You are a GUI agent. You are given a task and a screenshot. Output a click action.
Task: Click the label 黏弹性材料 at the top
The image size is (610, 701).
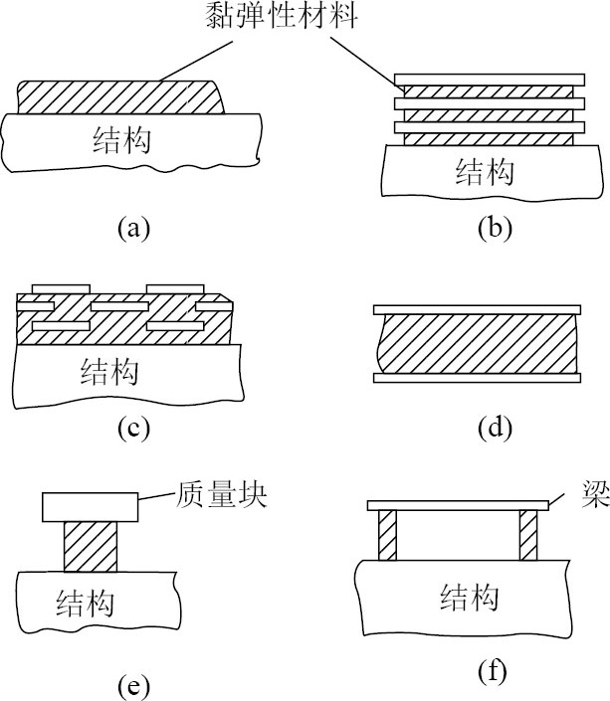tap(282, 18)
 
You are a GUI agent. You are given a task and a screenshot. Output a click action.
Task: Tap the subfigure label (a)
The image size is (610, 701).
tap(132, 229)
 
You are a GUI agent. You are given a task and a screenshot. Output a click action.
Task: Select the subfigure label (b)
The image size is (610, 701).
tap(494, 229)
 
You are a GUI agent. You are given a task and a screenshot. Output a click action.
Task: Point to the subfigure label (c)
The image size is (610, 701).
tap(132, 429)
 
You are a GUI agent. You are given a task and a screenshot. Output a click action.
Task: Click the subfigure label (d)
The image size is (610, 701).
tap(494, 429)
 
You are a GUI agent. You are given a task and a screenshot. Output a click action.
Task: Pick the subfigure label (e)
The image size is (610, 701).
tap(132, 685)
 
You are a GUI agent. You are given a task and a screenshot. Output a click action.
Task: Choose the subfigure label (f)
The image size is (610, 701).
tap(494, 672)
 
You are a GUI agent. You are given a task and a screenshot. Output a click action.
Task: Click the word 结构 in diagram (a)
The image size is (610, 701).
tap(120, 141)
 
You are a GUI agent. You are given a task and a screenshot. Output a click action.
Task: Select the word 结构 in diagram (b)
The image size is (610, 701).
tap(484, 175)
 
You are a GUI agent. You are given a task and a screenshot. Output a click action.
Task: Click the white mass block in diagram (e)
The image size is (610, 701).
tap(89, 507)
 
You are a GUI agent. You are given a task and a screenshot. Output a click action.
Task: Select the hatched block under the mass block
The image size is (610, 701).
tap(90, 547)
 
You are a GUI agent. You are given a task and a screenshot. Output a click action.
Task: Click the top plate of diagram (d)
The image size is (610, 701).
tap(475, 308)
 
